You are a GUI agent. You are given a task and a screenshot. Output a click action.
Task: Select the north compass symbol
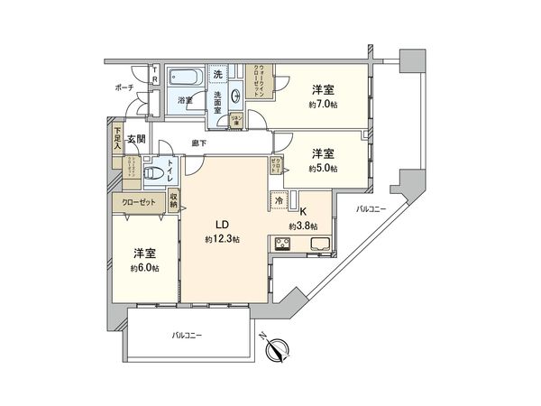click(278, 347)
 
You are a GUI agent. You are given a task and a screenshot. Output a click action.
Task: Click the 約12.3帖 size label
click(222, 239)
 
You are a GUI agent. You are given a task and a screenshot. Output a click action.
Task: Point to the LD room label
click(222, 226)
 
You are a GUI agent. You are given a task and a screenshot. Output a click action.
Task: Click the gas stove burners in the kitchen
click(282, 243)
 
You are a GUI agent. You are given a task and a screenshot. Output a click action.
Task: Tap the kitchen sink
click(320, 244)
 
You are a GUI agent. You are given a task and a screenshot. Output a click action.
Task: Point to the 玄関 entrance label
click(135, 138)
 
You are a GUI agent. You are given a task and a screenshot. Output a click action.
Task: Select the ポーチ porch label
click(124, 88)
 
